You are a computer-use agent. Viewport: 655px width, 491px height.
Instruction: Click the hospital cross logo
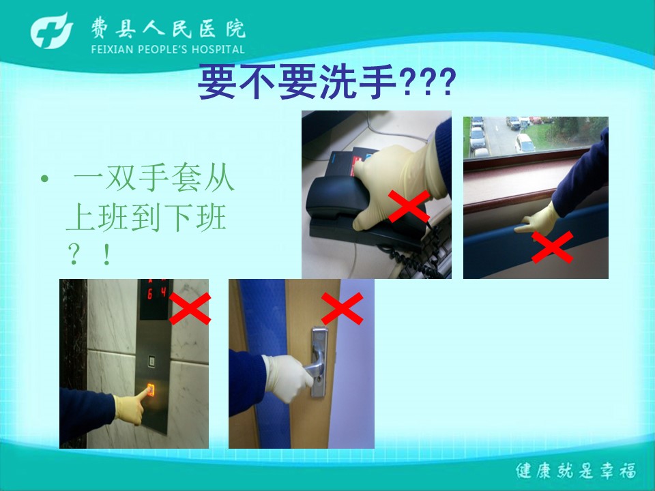pos(51,31)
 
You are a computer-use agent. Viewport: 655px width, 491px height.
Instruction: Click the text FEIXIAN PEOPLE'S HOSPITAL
pos(168,50)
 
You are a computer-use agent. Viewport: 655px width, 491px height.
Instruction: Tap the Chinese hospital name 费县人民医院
pos(169,29)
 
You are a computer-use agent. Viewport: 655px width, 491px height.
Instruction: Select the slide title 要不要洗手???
pos(327,81)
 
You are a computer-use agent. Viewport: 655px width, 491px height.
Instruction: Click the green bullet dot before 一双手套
pos(45,179)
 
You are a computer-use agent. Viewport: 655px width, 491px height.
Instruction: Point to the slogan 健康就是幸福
pos(576,471)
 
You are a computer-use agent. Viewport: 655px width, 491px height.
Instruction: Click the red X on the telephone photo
pos(409,206)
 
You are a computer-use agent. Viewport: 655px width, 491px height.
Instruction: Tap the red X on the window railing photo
pos(552,247)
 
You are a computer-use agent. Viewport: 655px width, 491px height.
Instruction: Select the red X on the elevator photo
pos(190,308)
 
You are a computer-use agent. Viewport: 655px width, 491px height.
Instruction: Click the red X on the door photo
pos(342,308)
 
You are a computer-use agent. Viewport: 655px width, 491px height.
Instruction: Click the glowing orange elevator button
pos(150,389)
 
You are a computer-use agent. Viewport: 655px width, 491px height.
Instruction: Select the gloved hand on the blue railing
pos(539,220)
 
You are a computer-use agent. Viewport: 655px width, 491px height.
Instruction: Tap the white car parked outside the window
pos(525,143)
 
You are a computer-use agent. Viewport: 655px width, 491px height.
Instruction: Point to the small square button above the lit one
pos(151,361)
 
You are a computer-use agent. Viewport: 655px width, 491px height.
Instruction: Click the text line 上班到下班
pos(146,217)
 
